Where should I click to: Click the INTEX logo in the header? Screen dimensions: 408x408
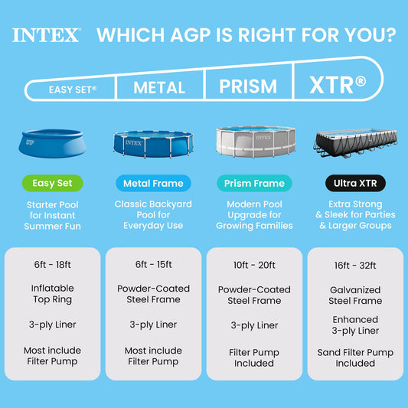47,34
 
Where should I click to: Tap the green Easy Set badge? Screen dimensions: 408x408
53,184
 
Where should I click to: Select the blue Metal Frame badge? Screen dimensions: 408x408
154,184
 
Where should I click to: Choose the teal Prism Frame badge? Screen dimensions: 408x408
255,184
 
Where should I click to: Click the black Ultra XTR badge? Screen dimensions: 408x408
355,184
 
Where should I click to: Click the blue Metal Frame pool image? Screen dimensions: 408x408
154,143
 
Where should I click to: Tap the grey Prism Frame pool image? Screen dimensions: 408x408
255,142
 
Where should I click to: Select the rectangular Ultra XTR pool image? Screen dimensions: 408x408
355,142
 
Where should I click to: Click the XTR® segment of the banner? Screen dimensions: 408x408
336,83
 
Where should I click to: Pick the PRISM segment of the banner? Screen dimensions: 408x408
248,86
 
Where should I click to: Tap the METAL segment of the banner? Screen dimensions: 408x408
159,88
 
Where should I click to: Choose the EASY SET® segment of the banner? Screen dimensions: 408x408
73,90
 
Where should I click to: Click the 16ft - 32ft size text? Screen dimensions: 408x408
355,265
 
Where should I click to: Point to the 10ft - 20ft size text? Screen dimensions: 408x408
255,265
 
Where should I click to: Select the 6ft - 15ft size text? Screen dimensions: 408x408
153,265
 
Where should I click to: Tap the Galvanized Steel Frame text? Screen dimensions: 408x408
355,295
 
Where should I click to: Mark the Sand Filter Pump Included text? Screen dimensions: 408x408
355,357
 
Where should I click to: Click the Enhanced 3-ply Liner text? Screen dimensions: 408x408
355,325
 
